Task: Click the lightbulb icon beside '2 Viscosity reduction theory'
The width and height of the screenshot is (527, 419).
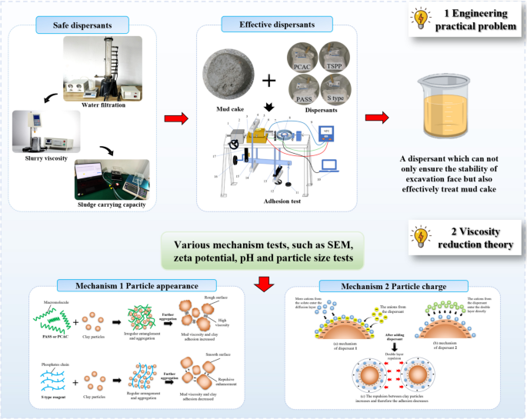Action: [x=421, y=237]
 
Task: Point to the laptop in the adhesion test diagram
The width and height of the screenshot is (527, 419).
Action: [x=332, y=165]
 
